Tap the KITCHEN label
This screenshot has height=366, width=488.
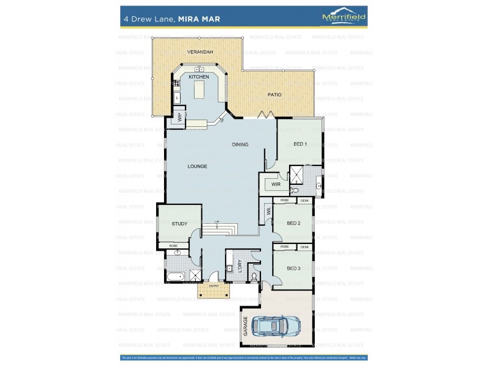pyautogui.click(x=198, y=77)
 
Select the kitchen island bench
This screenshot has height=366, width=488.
pyautogui.click(x=199, y=91)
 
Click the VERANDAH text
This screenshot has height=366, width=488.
pyautogui.click(x=200, y=52)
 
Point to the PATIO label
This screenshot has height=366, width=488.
pyautogui.click(x=274, y=95)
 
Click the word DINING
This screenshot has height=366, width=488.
pyautogui.click(x=240, y=145)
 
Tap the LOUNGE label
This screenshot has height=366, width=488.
pyautogui.click(x=197, y=166)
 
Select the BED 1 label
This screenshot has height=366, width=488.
pyautogui.click(x=300, y=144)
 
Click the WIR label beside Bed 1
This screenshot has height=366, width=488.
pyautogui.click(x=275, y=184)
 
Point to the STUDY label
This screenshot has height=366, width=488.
pyautogui.click(x=179, y=224)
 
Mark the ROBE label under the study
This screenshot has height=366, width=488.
pyautogui.click(x=173, y=245)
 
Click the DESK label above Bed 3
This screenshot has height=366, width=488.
pyautogui.click(x=304, y=247)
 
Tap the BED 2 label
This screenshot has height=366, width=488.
pyautogui.click(x=293, y=223)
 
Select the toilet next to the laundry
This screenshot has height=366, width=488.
pyautogui.click(x=253, y=276)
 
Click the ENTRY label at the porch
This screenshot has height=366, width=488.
pyautogui.click(x=213, y=285)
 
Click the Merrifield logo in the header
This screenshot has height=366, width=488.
pyautogui.click(x=344, y=18)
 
